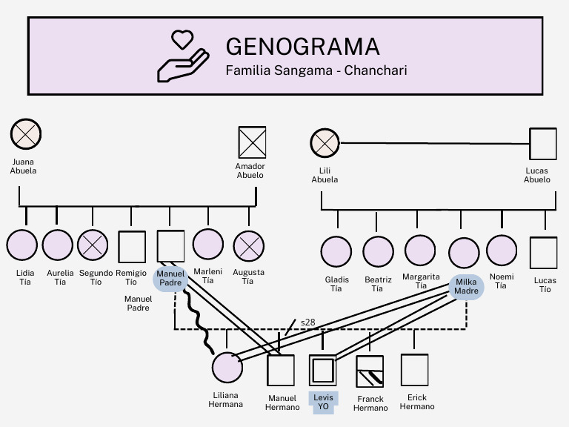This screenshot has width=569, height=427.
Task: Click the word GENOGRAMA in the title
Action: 302,46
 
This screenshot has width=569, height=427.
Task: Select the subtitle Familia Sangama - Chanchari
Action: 316,71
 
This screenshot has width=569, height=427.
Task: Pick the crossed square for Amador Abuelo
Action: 252,142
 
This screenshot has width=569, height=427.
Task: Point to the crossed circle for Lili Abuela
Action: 324,143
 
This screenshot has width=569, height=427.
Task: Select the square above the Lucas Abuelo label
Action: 543,143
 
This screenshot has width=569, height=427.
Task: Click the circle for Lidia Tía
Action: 22,245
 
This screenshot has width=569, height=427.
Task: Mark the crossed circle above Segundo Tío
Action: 93,245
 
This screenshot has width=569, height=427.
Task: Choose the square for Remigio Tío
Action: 132,246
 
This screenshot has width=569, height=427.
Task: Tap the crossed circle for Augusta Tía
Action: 248,245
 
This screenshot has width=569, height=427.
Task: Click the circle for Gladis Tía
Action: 336,252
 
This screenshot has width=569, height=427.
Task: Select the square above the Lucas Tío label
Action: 543,252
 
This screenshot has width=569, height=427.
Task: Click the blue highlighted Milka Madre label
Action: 466,287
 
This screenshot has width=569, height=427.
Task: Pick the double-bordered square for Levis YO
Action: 322,369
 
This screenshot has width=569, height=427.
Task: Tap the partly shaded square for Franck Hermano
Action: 370,371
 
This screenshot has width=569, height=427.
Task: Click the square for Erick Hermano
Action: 414,369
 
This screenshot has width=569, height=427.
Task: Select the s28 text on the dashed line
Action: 307,322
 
